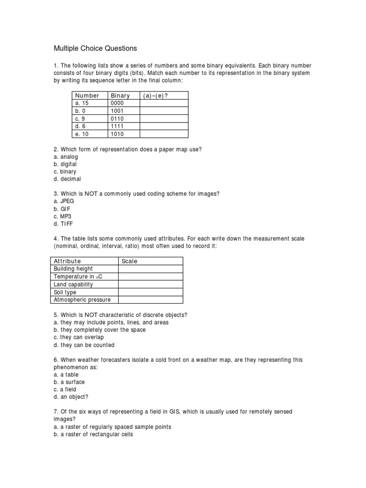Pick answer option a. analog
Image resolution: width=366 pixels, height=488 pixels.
click(66, 157)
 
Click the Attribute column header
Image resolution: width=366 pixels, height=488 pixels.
click(67, 261)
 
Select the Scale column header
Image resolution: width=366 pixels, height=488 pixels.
click(129, 261)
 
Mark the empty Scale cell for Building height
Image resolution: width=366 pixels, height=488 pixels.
click(150, 269)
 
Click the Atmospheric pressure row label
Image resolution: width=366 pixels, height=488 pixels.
click(82, 300)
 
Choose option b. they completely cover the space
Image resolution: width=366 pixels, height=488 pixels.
click(100, 330)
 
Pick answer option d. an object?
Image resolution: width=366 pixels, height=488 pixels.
click(71, 396)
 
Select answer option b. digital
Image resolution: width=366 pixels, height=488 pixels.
click(65, 164)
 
